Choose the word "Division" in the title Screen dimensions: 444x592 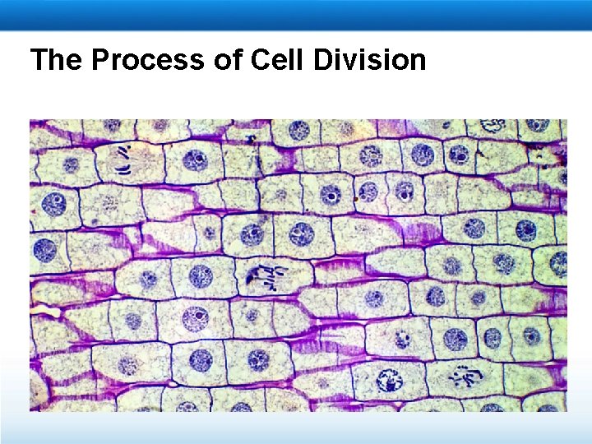(373, 60)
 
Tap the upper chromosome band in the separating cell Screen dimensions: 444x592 (124, 151)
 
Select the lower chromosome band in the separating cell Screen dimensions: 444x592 (123, 169)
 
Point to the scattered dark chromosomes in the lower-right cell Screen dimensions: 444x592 (461, 377)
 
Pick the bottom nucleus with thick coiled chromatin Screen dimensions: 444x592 (387, 379)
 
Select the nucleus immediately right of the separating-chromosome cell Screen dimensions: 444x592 (196, 160)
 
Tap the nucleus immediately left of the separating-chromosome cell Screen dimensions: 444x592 (71, 164)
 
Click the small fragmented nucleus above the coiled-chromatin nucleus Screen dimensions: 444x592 (402, 338)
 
